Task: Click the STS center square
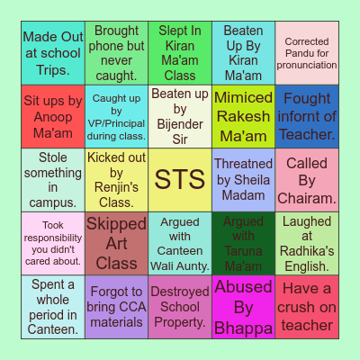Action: (x=179, y=180)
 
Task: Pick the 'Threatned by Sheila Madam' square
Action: (x=243, y=180)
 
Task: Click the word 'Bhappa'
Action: (x=243, y=328)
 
